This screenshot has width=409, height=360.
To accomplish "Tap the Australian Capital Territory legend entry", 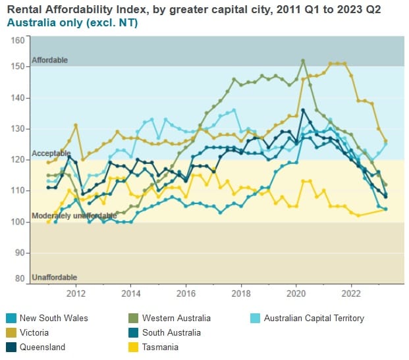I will (x=314, y=318).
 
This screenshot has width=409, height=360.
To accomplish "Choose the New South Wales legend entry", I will (x=53, y=318).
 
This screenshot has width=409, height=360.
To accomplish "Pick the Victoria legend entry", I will (x=34, y=332).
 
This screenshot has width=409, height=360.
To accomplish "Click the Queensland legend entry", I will (x=42, y=347).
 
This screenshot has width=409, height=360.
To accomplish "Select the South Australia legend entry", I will (x=170, y=332).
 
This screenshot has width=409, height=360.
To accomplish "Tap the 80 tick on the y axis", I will (x=20, y=278).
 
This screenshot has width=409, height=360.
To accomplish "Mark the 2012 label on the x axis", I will (x=76, y=293).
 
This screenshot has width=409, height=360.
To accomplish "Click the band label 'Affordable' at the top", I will (x=49, y=61).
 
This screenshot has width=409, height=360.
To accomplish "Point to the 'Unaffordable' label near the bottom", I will (x=54, y=278).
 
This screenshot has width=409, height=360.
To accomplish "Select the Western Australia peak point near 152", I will (x=303, y=61).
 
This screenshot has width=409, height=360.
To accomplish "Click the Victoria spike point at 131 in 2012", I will (x=76, y=125).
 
